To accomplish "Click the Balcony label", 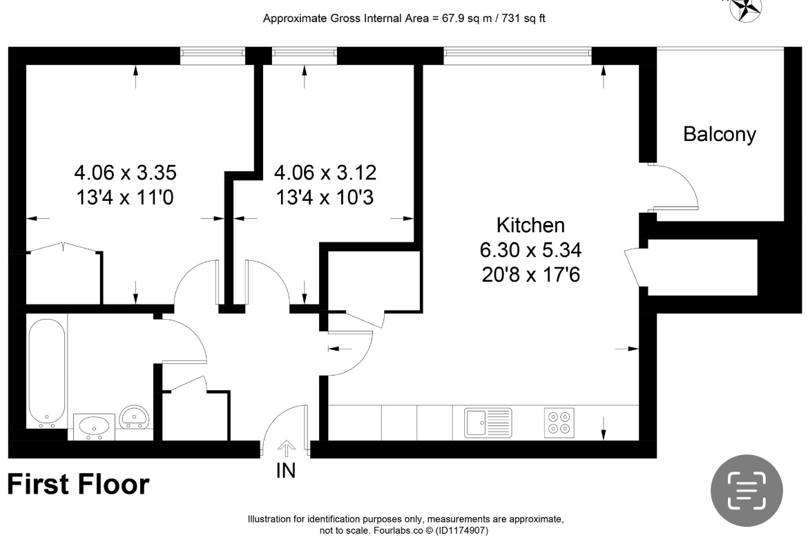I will click(x=719, y=134).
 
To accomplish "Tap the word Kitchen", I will click(x=530, y=225).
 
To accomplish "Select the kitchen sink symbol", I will click(x=488, y=422).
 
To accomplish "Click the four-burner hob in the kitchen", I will click(x=559, y=423).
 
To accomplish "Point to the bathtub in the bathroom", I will click(x=47, y=371).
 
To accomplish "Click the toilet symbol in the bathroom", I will click(x=133, y=418).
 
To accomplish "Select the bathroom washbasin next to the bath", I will click(x=93, y=426).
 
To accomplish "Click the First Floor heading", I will click(x=78, y=485).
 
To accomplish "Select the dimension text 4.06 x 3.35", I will click(x=121, y=172).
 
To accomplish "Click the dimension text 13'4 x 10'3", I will click(x=325, y=198).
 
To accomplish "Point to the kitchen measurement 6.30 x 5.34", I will click(x=530, y=250).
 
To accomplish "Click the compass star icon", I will click(x=747, y=7).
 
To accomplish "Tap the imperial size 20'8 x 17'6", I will click(x=530, y=275).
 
